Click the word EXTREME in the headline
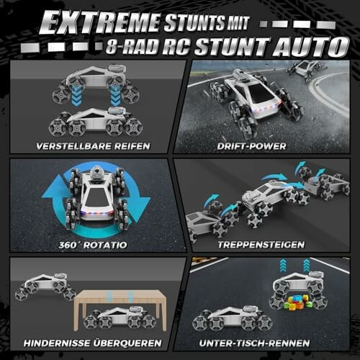click(99, 22)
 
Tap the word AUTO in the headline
click(310, 47)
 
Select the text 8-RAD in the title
click(132, 47)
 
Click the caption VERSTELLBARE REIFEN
click(93, 146)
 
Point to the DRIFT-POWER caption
click(251, 146)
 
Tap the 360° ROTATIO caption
click(93, 245)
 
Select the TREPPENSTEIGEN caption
click(261, 245)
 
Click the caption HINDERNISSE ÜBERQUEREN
click(93, 343)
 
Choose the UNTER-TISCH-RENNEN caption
click(254, 343)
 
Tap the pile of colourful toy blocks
click(297, 302)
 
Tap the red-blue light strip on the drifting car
click(264, 107)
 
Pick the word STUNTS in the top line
click(194, 22)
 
